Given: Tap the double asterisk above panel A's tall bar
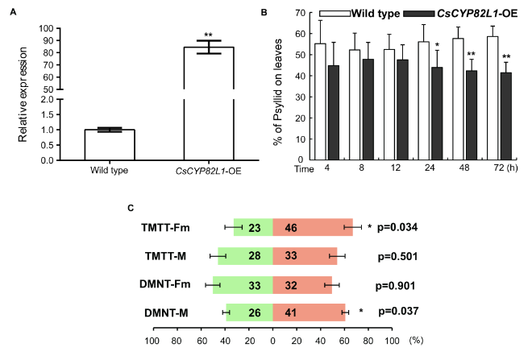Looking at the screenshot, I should (x=208, y=35).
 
